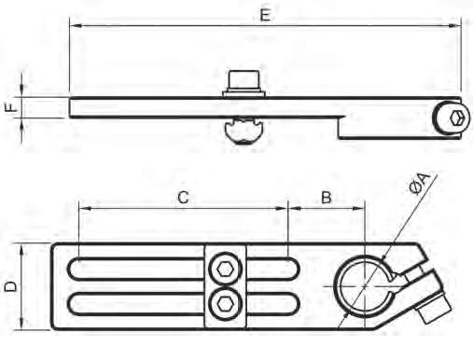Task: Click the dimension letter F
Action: tap(11, 107)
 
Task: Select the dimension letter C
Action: tap(184, 197)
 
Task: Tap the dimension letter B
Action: tap(327, 197)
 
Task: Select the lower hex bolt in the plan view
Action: tap(225, 301)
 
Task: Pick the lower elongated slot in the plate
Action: tap(140, 303)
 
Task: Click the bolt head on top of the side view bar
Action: tap(243, 80)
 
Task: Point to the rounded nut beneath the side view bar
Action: tap(244, 131)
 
